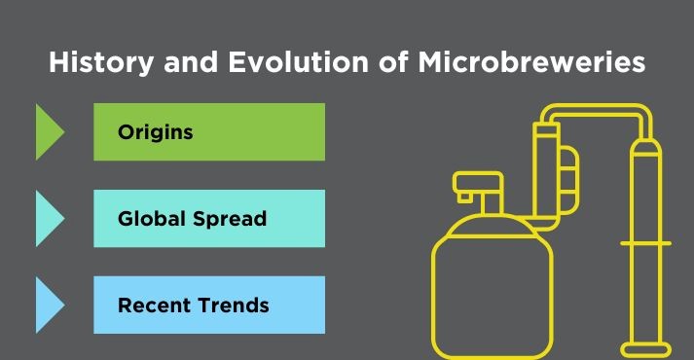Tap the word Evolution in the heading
(x=272, y=63)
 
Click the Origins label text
(x=155, y=132)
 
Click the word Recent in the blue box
(x=150, y=306)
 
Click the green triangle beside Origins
(x=48, y=132)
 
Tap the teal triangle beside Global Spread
(x=48, y=219)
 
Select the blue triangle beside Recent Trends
(x=48, y=305)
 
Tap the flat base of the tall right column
(x=647, y=348)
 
